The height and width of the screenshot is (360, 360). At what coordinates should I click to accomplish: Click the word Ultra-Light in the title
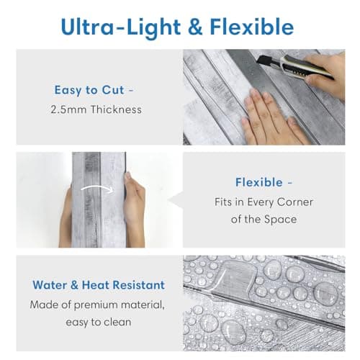[121, 27]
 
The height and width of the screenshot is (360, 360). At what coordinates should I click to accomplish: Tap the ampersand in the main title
[195, 27]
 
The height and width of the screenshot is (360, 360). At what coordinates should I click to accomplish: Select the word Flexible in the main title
[252, 27]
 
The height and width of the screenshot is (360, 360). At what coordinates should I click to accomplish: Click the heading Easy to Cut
[89, 90]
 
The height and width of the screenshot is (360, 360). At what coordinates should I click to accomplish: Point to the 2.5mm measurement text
[68, 109]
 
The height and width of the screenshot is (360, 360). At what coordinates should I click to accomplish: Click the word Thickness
[116, 109]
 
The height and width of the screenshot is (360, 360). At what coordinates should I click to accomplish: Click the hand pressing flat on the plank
[271, 117]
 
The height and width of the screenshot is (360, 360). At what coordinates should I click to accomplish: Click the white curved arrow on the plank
[97, 188]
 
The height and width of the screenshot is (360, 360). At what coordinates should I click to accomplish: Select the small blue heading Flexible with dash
[264, 182]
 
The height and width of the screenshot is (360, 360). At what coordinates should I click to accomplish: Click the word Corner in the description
[295, 202]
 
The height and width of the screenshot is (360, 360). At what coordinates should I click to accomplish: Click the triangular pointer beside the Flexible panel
[175, 199]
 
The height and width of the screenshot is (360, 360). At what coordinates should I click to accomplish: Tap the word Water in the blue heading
[50, 285]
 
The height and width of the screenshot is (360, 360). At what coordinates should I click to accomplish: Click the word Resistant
[139, 285]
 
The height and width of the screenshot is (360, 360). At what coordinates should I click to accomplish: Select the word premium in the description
[96, 305]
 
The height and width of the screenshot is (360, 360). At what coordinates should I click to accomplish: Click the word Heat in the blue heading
[96, 285]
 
